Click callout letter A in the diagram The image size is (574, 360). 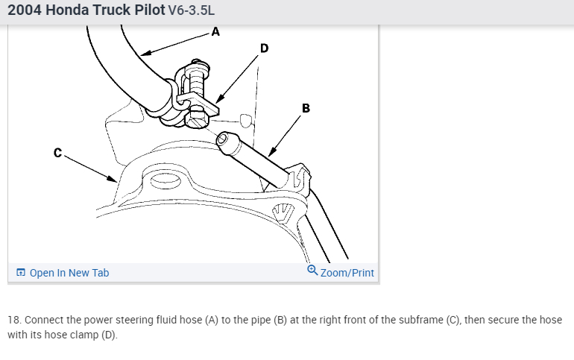215,31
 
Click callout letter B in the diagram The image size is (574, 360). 306,108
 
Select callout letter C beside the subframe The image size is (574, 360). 57,153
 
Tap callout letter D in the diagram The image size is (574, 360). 263,48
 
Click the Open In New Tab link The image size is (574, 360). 69,273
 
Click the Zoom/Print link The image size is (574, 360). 347,273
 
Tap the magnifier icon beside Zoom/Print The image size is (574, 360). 312,271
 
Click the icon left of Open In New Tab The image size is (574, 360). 21,273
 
